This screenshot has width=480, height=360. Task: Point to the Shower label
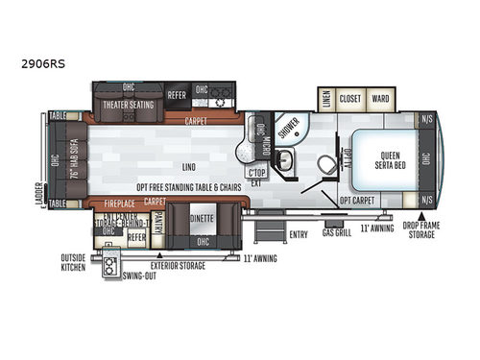click(284, 133)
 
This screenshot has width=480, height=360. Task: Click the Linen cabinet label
click(324, 97)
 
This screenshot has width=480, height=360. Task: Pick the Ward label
click(380, 97)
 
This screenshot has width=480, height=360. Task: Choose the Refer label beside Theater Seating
click(177, 95)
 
